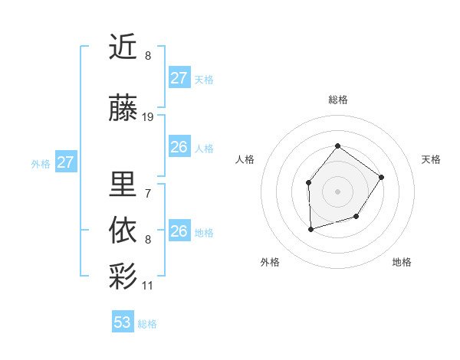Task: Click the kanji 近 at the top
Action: point(124,47)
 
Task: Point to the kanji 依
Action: point(124,229)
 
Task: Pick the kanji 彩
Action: point(124,275)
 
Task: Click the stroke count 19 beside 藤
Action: point(148,117)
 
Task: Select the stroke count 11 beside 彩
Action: point(148,286)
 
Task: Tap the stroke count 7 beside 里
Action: point(148,193)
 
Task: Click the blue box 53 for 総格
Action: point(123,322)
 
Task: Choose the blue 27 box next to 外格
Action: point(66,162)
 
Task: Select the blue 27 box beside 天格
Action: point(179,78)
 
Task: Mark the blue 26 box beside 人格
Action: point(179,147)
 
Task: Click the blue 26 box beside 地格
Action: point(179,231)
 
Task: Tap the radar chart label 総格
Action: point(337,100)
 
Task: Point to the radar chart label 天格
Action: point(432,159)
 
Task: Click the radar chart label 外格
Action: point(270,262)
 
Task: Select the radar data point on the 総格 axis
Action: point(337,146)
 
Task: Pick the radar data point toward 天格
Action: point(382,177)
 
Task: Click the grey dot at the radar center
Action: point(337,191)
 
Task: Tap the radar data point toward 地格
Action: point(356,217)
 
